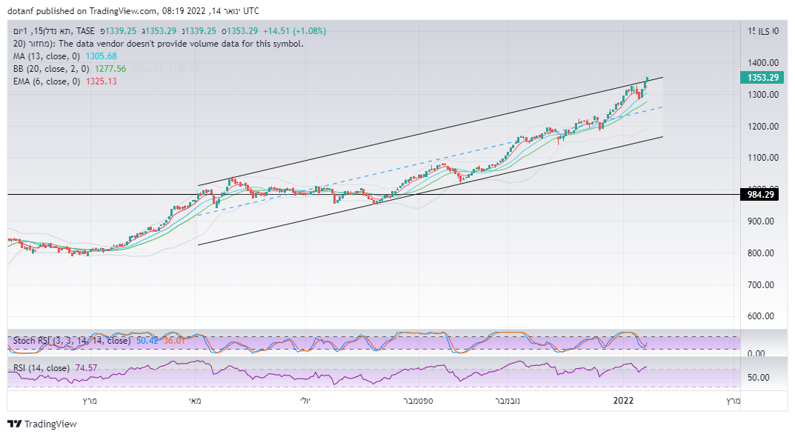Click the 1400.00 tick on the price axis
pyautogui.click(x=762, y=63)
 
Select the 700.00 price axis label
pyautogui.click(x=762, y=284)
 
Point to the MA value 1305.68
pyautogui.click(x=102, y=56)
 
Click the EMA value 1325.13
pyautogui.click(x=102, y=81)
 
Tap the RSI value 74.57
pyautogui.click(x=84, y=368)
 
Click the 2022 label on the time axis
pyautogui.click(x=623, y=401)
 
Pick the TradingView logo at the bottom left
pyautogui.click(x=42, y=424)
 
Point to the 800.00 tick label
pyautogui.click(x=762, y=253)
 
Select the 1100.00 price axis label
pyautogui.click(x=762, y=158)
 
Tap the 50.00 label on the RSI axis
pyautogui.click(x=759, y=378)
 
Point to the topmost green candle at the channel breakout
pyautogui.click(x=648, y=80)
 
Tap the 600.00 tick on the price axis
pyautogui.click(x=762, y=316)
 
